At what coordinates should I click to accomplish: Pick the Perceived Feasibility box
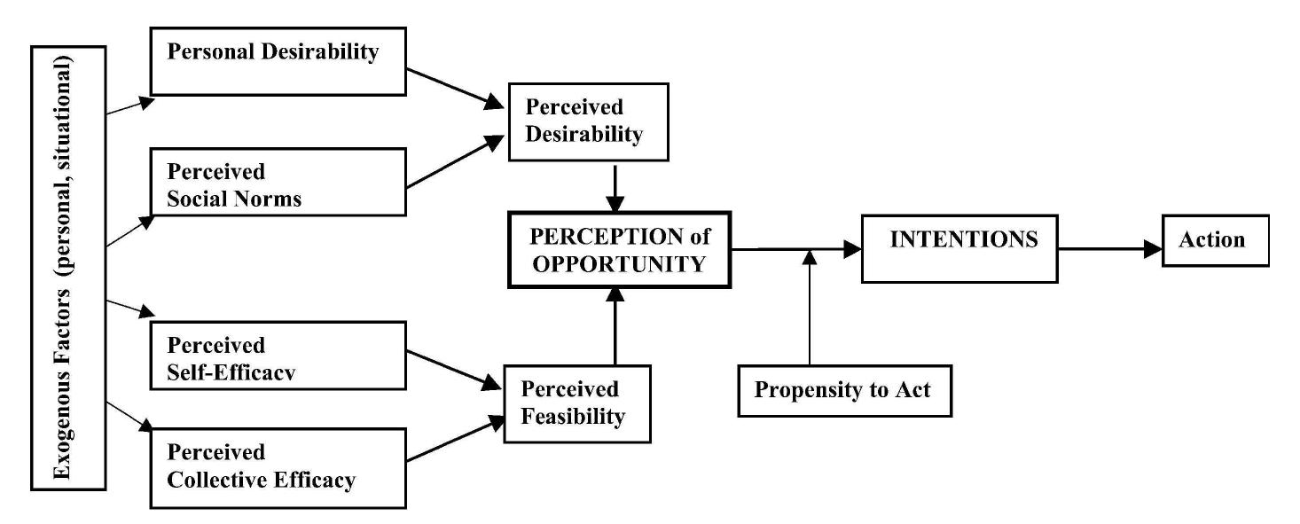[576, 403]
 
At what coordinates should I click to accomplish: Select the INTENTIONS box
[959, 248]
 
